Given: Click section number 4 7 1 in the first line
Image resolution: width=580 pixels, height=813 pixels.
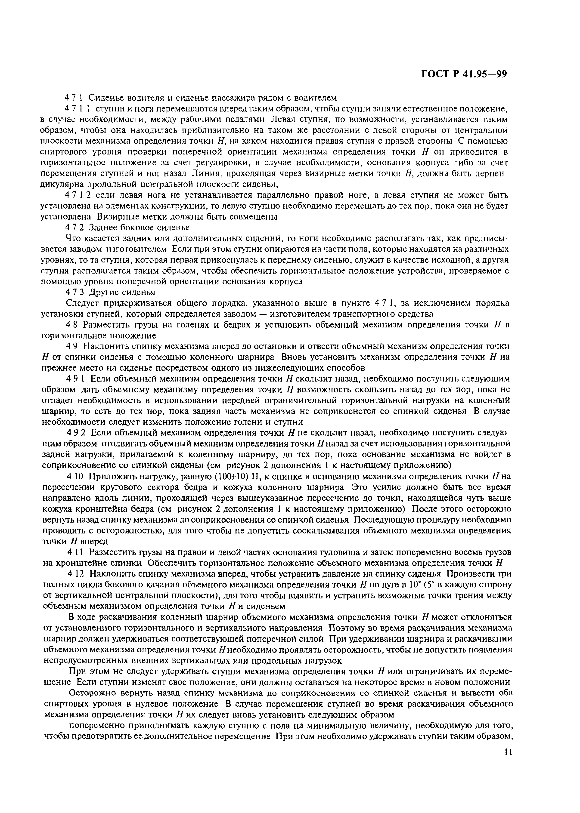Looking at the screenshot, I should click(x=74, y=97).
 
